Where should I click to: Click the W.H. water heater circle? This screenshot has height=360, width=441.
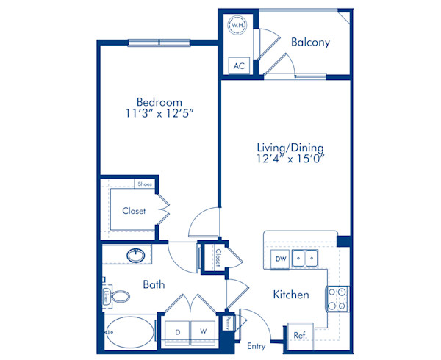[238, 26]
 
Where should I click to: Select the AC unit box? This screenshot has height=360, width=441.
[238, 65]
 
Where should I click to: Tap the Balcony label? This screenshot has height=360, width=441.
[310, 42]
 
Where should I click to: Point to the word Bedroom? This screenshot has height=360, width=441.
[159, 101]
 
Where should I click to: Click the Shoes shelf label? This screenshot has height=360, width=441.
[144, 184]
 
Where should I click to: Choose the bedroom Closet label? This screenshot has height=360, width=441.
[133, 211]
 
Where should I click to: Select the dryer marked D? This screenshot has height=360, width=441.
[176, 331]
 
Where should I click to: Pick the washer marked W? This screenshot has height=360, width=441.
[203, 331]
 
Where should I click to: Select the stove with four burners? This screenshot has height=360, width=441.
[337, 298]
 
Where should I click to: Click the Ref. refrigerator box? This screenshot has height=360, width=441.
[299, 334]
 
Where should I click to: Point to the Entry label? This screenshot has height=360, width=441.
[256, 346]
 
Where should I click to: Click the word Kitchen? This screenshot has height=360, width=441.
[290, 295]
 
